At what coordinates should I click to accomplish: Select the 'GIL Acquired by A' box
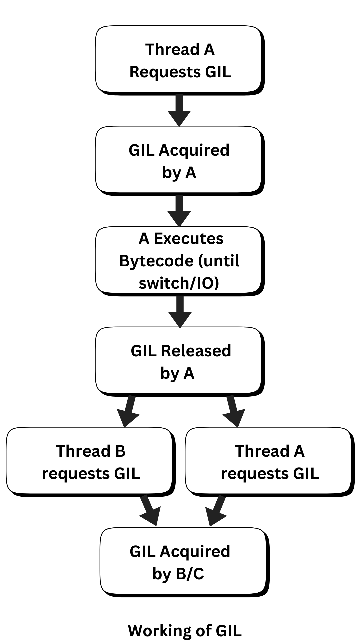point(180,161)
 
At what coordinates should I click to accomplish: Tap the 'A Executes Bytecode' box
point(180,261)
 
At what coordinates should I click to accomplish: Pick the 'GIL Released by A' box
point(180,362)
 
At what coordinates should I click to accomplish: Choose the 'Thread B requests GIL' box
point(91,462)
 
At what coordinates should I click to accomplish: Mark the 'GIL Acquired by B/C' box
point(185,562)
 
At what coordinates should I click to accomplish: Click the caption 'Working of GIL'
point(185,630)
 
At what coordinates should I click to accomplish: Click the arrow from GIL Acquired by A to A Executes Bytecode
point(179,211)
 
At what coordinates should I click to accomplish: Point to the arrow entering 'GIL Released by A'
point(180,312)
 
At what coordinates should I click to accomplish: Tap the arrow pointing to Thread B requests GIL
point(128,411)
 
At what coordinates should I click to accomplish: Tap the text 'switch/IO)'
point(179,283)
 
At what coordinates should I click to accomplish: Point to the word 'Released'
point(196,351)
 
